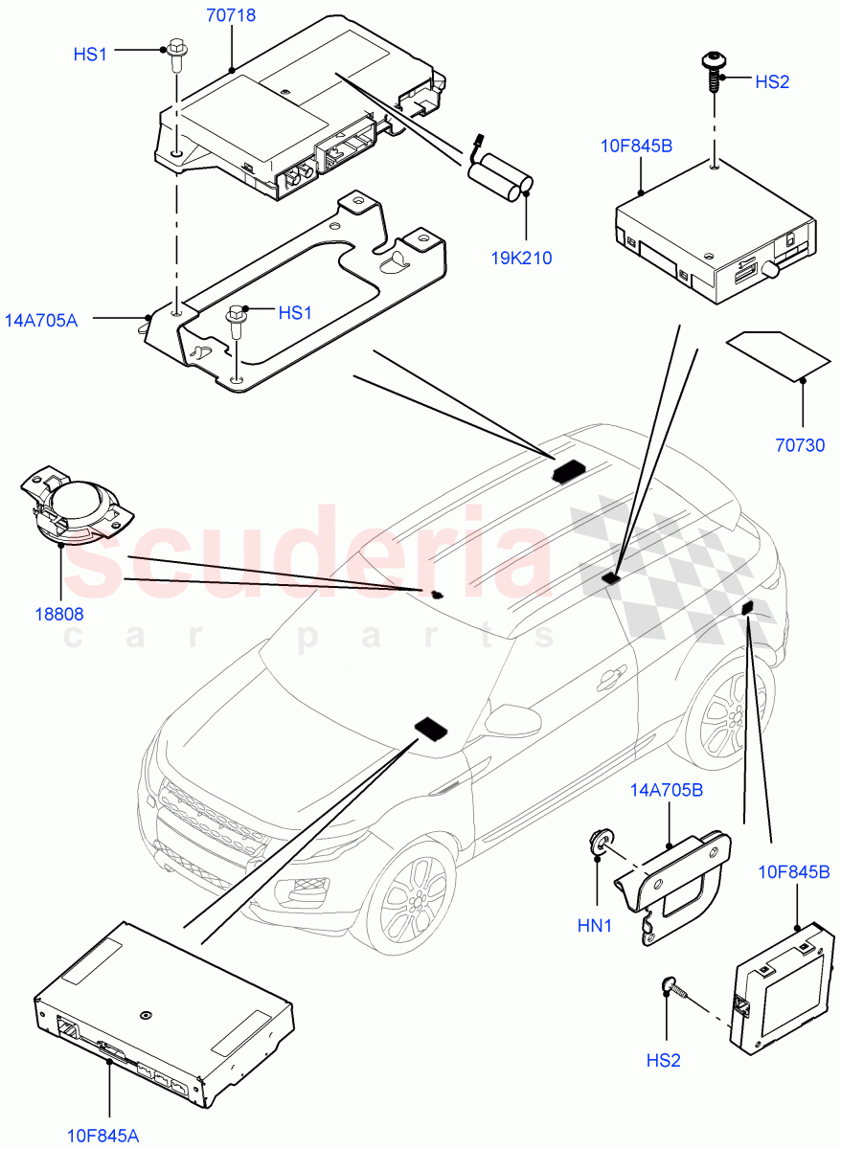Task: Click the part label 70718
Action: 231,14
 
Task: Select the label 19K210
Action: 523,258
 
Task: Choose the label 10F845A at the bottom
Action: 102,1137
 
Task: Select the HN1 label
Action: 594,927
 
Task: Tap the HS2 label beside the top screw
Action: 772,82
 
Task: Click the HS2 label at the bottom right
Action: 663,1061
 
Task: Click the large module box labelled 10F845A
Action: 163,1015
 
